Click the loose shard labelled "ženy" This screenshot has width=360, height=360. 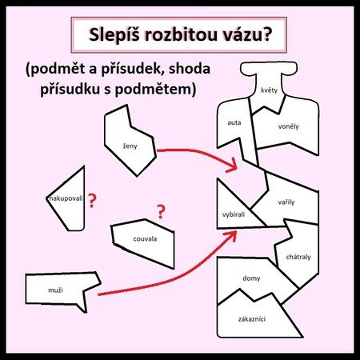click(x=130, y=140)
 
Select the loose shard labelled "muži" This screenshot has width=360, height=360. click(x=62, y=290)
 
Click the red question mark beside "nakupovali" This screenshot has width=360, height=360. click(x=92, y=201)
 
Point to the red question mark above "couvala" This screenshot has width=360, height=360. click(x=161, y=211)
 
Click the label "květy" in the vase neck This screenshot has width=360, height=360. click(x=269, y=90)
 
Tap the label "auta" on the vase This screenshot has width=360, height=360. click(x=234, y=122)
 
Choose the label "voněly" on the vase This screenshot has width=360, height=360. click(x=288, y=126)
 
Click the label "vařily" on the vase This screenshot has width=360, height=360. click(x=286, y=202)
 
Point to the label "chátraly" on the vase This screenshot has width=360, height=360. click(x=298, y=257)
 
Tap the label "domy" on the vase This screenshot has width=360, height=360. click(x=251, y=278)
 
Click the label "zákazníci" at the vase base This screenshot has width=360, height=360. click(x=252, y=319)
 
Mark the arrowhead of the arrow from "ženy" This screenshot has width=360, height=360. click(x=232, y=166)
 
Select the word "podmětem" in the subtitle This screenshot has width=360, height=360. click(x=153, y=89)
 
